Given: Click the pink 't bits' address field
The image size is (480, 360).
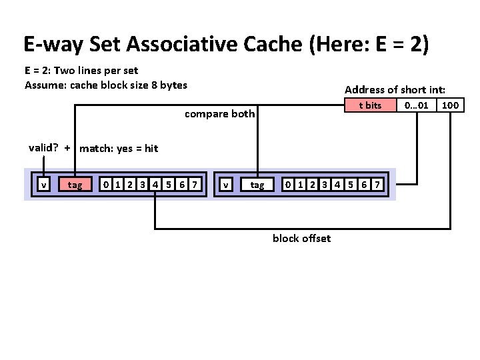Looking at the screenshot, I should coord(370,105).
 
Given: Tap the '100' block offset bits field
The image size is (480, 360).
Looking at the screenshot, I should coord(451,105).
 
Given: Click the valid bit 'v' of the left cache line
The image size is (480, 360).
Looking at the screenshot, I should coord(43,185).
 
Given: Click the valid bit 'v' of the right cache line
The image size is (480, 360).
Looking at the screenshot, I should coord(227,185).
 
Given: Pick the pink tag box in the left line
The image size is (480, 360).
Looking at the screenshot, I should coord(75,185).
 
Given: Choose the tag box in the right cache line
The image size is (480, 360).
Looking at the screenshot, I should coord(257,185).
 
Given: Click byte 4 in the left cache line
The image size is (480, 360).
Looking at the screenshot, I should coord(155,185).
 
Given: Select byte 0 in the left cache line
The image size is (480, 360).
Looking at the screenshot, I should coord(105,185).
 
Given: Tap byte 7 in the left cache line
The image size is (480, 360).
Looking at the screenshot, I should coord(193,185).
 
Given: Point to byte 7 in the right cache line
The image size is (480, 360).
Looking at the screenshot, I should coord(377,185).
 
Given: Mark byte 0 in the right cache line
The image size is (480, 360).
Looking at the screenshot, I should coord(287,185).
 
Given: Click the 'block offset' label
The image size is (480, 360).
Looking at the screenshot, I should coord(301,239).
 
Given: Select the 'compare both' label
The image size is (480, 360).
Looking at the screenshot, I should coord(219,114).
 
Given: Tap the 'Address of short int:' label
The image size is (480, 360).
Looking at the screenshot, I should coord(395,89).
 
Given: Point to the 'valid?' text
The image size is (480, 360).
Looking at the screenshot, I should coord(44,148).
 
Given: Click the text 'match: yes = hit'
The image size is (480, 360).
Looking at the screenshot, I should coord(119,149).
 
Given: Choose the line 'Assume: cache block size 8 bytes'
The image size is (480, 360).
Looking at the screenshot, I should coord(106,85).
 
